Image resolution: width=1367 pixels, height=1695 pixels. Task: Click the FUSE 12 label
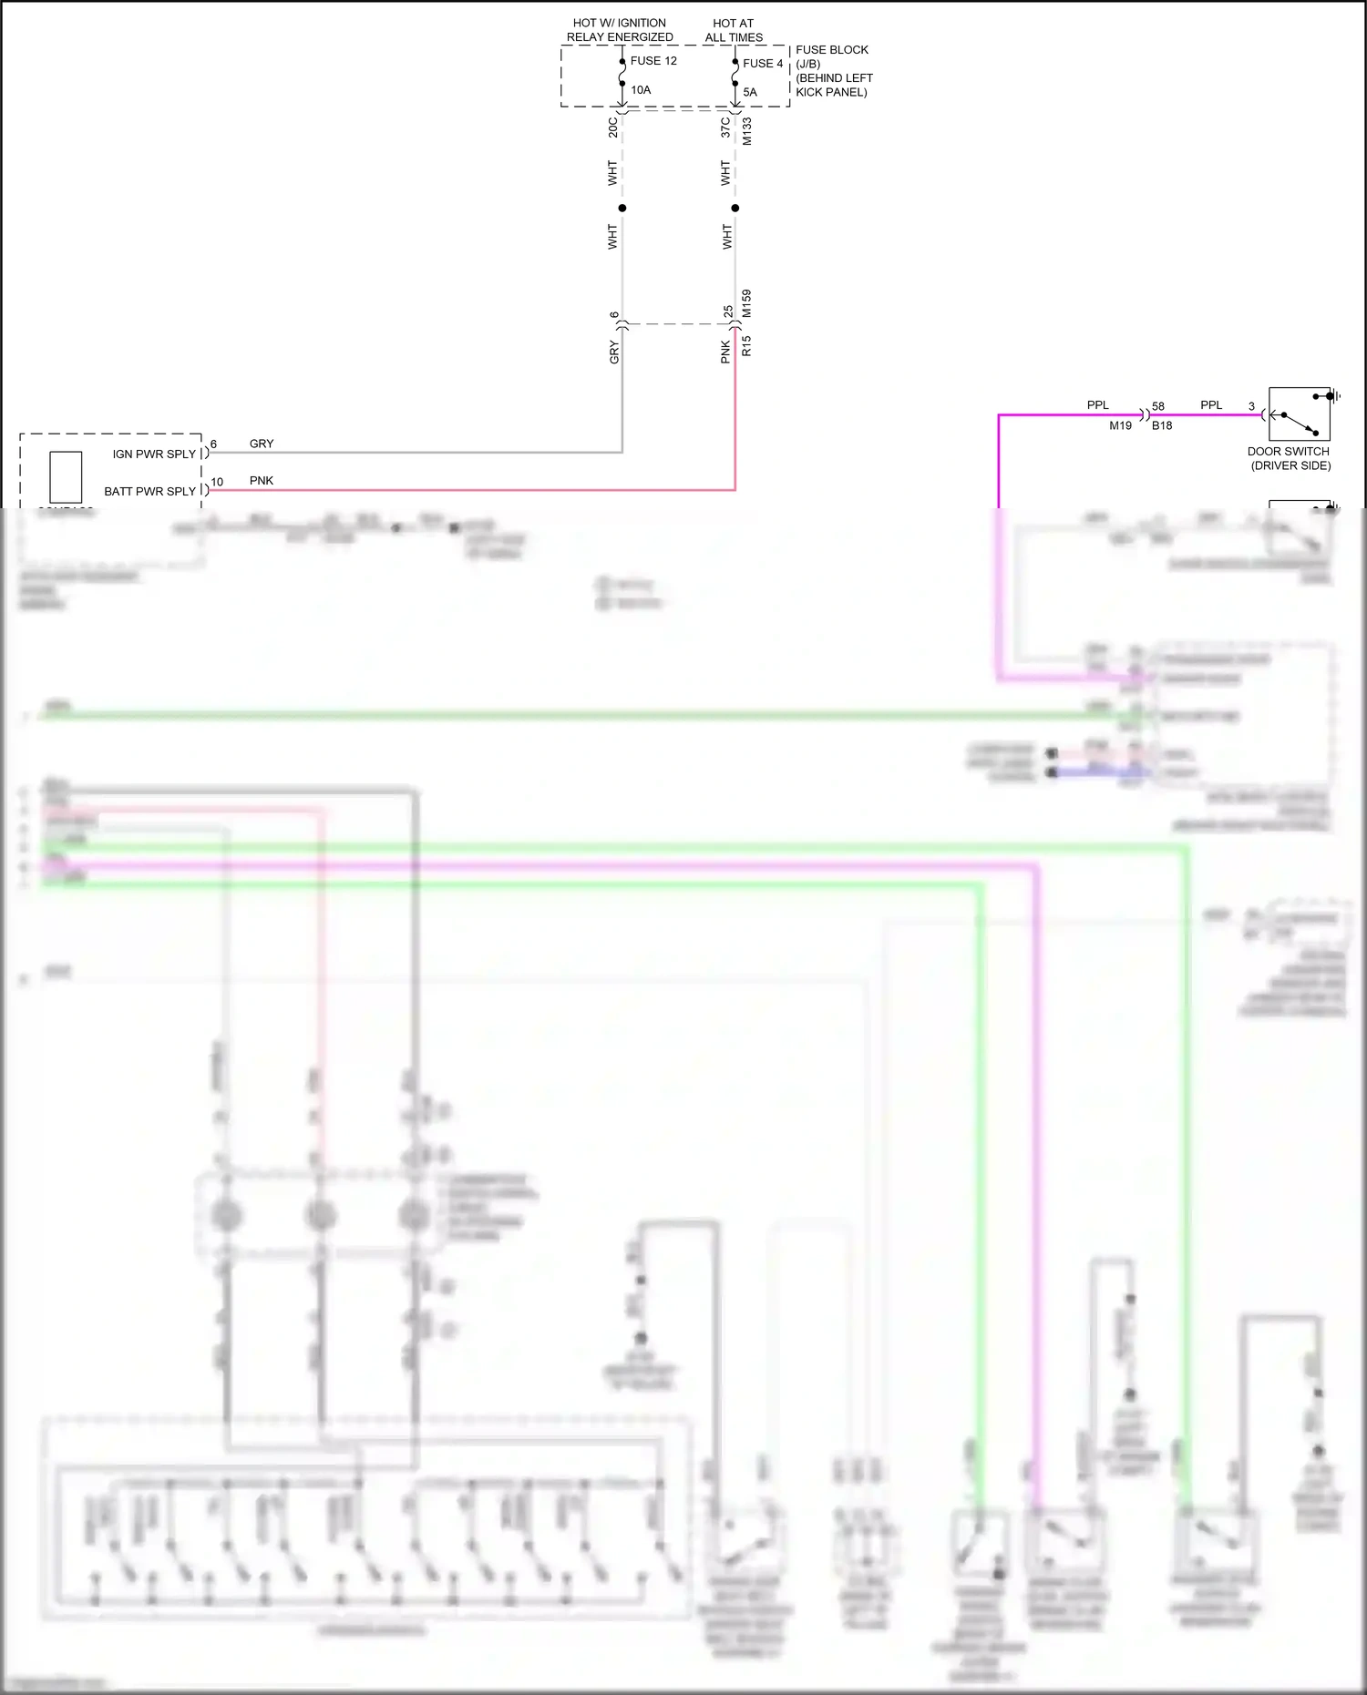coord(653,61)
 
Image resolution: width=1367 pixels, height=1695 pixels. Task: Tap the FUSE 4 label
coord(763,64)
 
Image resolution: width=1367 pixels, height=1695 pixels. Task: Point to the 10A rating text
coord(641,90)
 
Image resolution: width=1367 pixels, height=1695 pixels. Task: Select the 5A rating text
coord(750,92)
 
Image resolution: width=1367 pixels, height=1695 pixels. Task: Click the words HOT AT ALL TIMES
coord(734,30)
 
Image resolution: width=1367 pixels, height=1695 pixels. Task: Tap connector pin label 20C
coord(613,127)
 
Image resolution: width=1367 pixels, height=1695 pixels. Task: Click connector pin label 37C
coord(725,127)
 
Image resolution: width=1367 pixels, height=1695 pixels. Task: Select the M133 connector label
coord(747,131)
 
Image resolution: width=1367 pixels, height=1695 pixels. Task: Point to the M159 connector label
coord(747,303)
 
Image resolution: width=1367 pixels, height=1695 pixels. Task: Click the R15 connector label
coord(747,345)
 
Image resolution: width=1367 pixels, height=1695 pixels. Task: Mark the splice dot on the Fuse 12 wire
coord(622,208)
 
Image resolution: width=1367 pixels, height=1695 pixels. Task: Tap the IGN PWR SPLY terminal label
coord(154,454)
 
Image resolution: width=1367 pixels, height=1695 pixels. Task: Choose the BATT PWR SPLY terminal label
coord(149,491)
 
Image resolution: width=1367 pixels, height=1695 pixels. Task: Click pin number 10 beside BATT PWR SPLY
coord(217,482)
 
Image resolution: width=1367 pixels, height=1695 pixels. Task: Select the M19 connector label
coord(1120,425)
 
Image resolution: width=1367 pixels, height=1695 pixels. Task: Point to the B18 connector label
coord(1162,425)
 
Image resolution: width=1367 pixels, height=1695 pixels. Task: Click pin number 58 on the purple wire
coord(1158,406)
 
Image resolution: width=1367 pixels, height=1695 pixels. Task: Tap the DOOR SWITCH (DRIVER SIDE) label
coord(1290,458)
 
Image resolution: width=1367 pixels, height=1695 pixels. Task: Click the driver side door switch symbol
coord(1299,414)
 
